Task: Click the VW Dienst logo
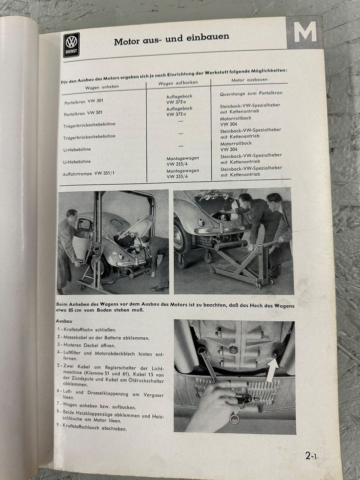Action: [71, 45]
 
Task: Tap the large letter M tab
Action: [305, 32]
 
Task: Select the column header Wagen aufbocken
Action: [178, 83]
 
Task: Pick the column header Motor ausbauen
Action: [249, 80]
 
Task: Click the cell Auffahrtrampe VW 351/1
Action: [88, 174]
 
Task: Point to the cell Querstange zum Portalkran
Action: [251, 94]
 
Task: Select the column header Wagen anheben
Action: [102, 87]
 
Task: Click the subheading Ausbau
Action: [64, 321]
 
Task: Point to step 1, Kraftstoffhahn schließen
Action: [87, 330]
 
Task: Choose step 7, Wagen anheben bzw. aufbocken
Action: [96, 406]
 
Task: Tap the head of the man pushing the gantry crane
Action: [72, 216]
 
